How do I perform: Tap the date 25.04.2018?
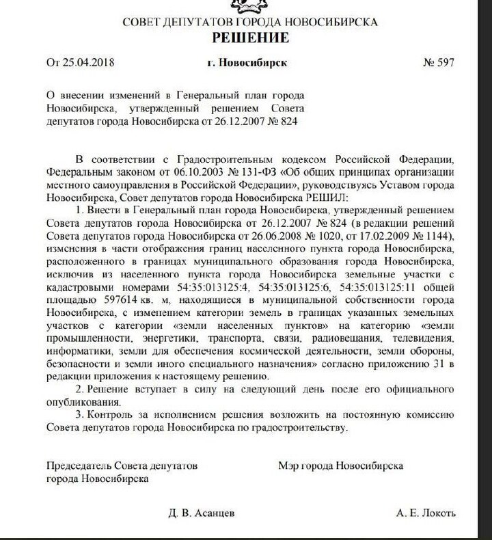pos(89,64)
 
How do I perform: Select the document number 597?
pos(446,64)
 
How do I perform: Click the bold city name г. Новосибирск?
pos(247,64)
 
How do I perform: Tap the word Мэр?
pos(288,465)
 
